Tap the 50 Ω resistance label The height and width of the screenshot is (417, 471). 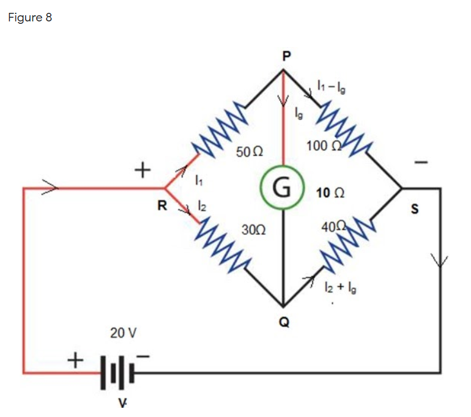pyautogui.click(x=249, y=150)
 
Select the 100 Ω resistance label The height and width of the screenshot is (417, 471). pyautogui.click(x=321, y=145)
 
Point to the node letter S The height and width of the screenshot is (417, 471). pyautogui.click(x=415, y=210)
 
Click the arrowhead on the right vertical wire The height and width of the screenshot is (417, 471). pyautogui.click(x=439, y=261)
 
